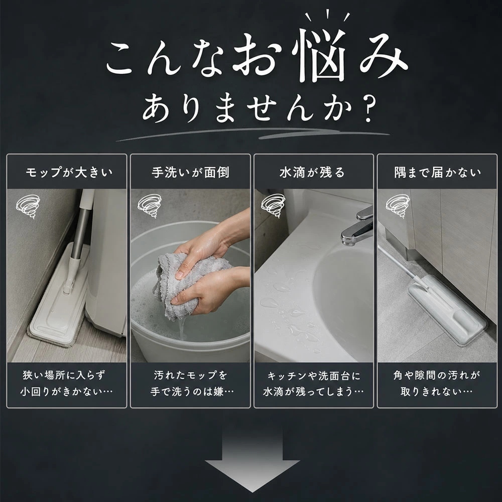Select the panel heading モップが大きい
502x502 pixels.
click(69, 173)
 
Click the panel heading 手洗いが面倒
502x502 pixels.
click(190, 173)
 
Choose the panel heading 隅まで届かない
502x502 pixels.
click(437, 173)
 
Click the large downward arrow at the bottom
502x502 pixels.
click(253, 461)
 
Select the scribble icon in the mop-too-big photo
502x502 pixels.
click(28, 206)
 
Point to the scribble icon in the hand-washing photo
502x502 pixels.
click(150, 206)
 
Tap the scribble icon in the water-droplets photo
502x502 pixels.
click(273, 206)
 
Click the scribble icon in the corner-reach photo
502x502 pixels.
click(398, 206)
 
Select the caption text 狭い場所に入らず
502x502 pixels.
click(64, 375)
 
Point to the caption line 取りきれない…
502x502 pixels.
click(437, 392)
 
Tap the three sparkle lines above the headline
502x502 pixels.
click(327, 16)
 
